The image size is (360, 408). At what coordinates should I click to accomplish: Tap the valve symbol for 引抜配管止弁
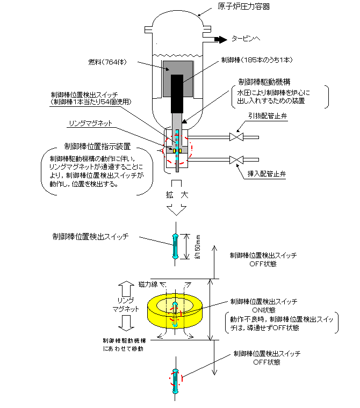(235, 137)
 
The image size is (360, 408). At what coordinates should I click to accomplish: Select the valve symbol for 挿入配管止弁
(235, 160)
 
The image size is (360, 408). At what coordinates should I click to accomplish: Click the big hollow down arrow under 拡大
(177, 209)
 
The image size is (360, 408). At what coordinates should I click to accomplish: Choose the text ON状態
(263, 310)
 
